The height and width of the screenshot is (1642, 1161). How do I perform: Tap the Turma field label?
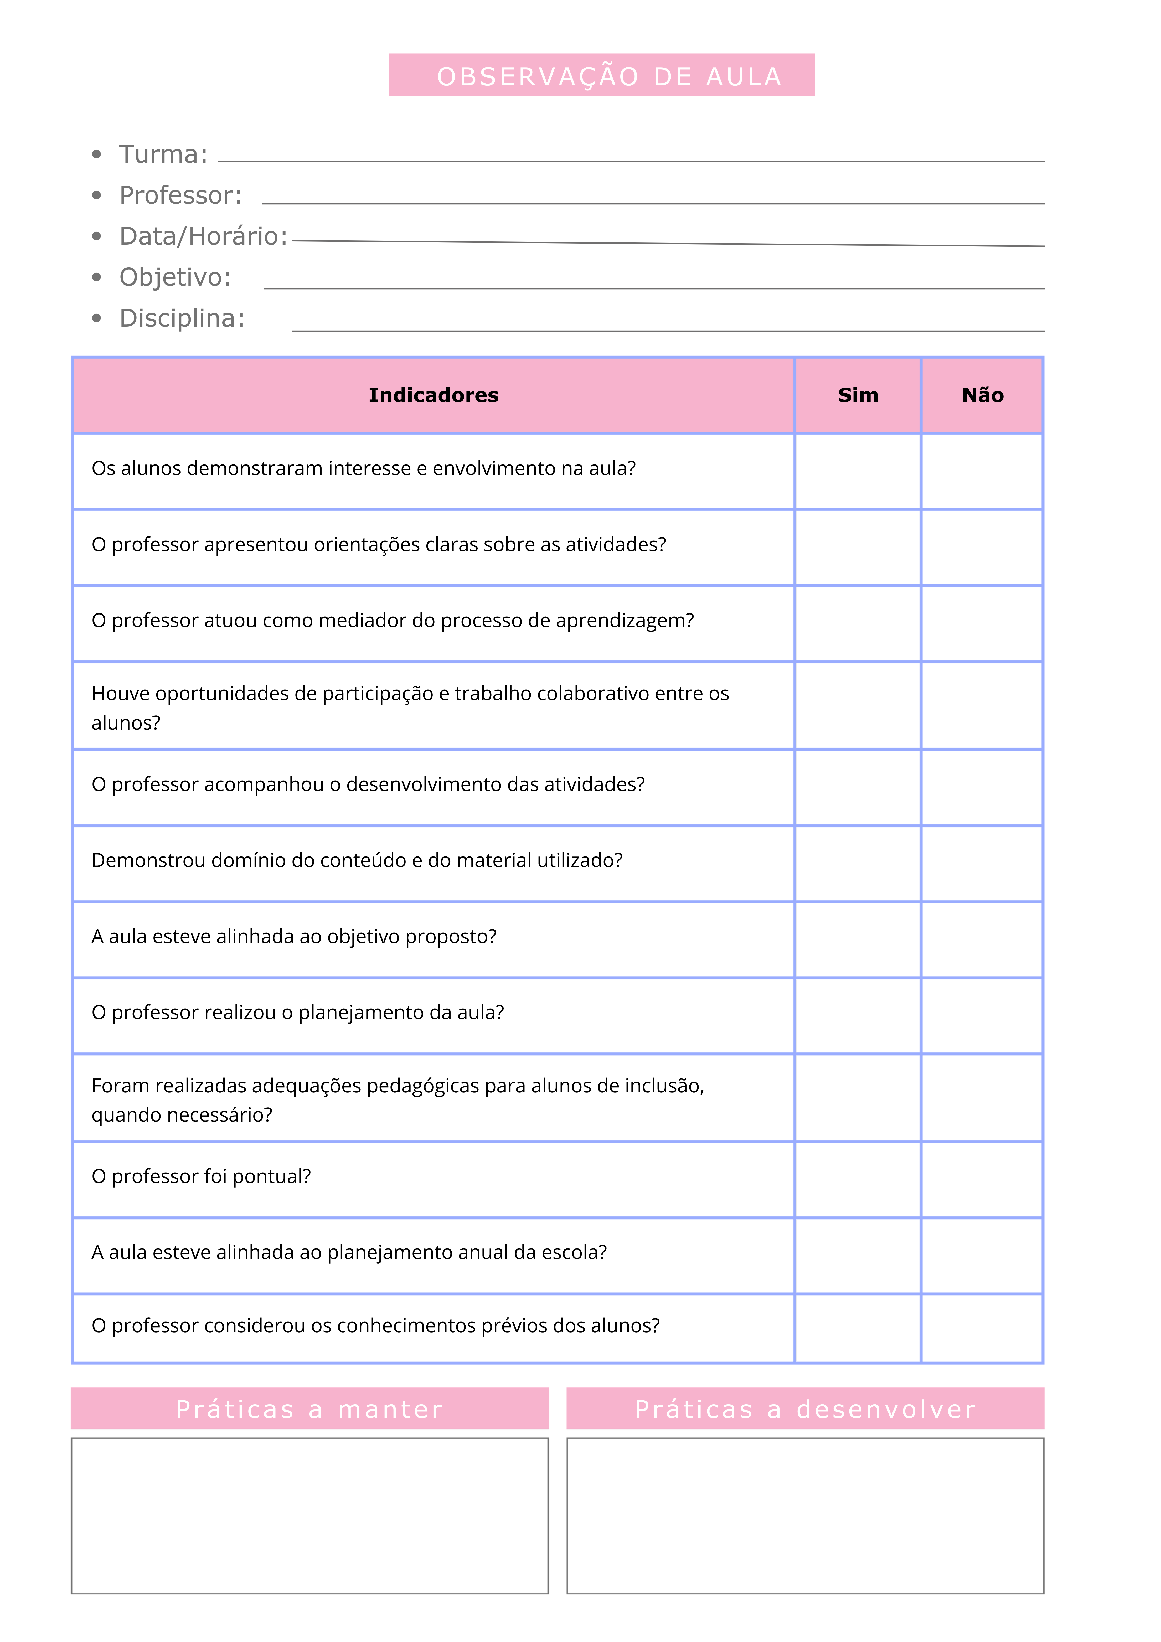pyautogui.click(x=163, y=154)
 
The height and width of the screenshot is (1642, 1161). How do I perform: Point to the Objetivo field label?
pyautogui.click(x=175, y=277)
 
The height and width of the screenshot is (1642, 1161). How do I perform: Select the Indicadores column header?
pyautogui.click(x=434, y=395)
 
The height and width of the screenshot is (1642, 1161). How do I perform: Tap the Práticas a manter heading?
pyautogui.click(x=310, y=1409)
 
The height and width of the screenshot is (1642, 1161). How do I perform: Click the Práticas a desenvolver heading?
pyautogui.click(x=806, y=1409)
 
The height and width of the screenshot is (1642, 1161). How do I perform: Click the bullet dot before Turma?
pyautogui.click(x=97, y=154)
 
